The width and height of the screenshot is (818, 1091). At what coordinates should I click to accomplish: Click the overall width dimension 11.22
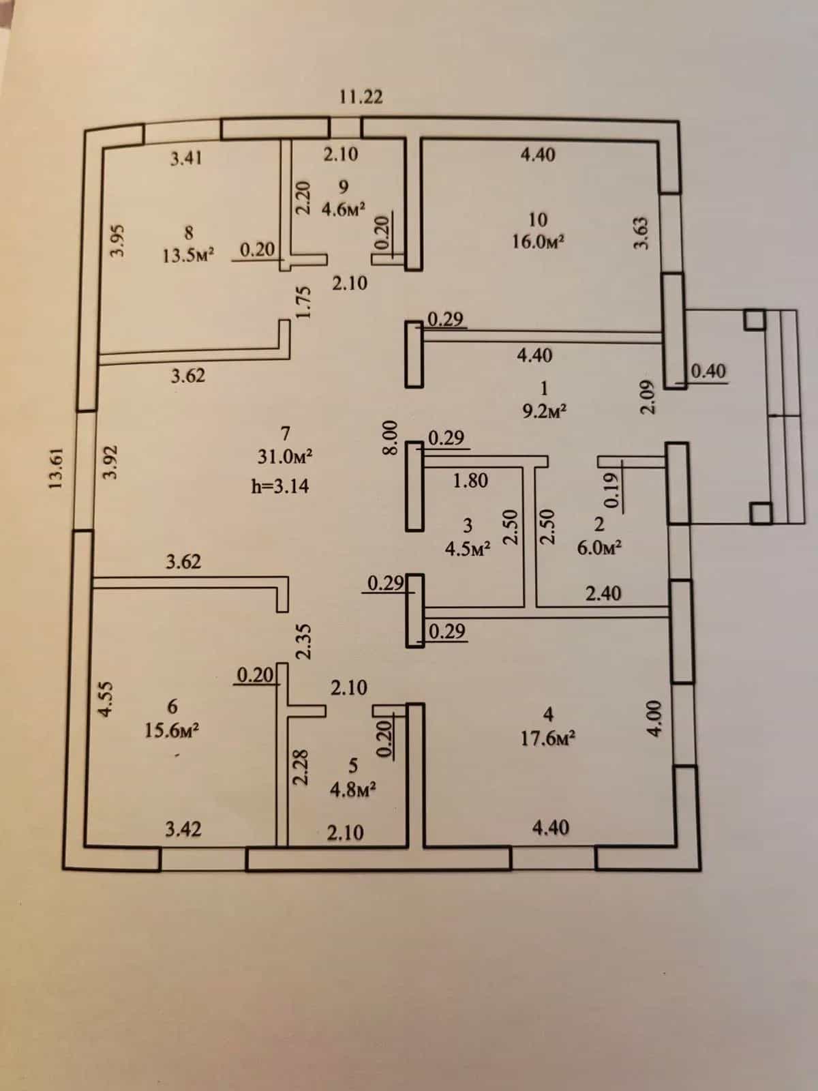[361, 96]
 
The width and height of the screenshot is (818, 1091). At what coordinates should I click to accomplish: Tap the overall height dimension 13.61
[55, 468]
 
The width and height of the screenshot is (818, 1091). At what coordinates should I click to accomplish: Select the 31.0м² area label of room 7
[284, 456]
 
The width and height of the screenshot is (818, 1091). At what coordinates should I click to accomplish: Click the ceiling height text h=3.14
[280, 485]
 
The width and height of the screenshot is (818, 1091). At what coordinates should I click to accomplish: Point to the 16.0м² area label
[539, 242]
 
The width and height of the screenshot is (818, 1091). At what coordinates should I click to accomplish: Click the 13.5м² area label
[188, 256]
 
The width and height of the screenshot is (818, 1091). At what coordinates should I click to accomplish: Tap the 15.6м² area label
[172, 731]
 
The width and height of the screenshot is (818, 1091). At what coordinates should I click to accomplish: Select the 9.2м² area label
[545, 411]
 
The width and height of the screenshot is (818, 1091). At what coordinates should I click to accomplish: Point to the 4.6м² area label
[344, 209]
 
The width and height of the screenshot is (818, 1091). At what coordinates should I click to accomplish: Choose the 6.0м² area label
[600, 548]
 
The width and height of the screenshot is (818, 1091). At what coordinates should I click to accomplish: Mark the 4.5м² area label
[468, 549]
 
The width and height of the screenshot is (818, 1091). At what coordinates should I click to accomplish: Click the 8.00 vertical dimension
[391, 438]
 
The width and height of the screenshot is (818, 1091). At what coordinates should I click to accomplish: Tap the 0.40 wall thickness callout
[708, 372]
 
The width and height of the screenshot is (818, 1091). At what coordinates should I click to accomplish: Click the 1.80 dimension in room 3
[470, 480]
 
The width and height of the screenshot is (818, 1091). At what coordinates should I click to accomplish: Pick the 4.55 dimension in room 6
[106, 699]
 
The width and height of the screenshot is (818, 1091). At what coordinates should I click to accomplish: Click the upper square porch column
[755, 320]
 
